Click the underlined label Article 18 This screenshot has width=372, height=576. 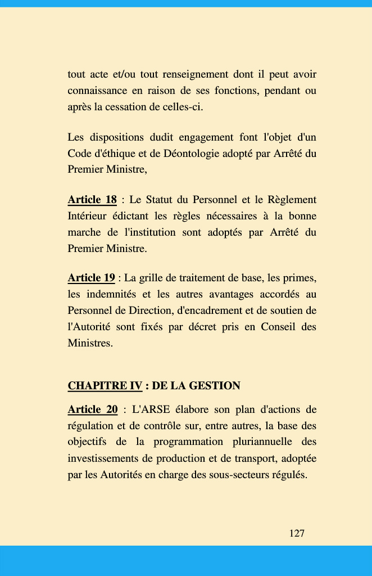coord(92,200)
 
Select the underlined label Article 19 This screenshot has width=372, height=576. coord(92,278)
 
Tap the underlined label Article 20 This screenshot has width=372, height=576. coord(93,409)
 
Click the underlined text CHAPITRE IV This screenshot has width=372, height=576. coord(105,386)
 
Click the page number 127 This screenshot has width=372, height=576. coord(297,533)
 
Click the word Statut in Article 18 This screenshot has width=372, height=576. coord(162,200)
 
